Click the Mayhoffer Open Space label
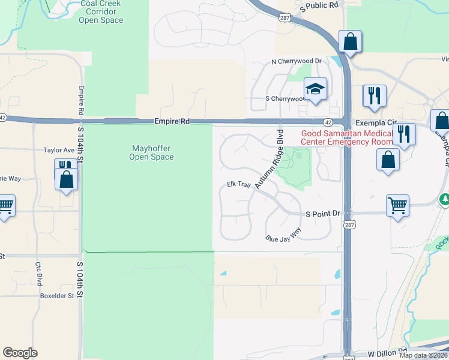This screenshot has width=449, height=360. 151,152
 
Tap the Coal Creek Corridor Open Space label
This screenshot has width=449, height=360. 101,12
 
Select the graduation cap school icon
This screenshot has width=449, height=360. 315,89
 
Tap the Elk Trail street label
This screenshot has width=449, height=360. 238,184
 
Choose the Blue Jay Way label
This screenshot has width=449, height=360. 283,235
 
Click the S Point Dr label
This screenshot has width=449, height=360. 323,214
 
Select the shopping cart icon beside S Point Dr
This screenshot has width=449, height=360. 397,206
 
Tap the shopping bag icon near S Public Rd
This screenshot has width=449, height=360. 350,43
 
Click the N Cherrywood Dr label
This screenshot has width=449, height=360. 297,61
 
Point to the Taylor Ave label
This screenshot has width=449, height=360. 58,150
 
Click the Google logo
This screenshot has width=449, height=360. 20,353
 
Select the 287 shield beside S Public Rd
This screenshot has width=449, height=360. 283,19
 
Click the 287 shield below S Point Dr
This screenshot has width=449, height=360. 348,225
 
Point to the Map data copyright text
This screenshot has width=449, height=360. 423,355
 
